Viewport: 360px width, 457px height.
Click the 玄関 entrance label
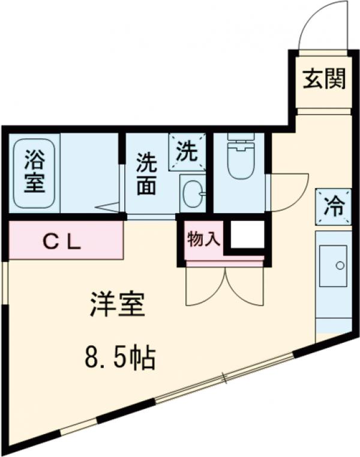324,80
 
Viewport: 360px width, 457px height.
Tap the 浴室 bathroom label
34,172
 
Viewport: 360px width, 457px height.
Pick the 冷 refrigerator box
332,207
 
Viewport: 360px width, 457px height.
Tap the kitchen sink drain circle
340,265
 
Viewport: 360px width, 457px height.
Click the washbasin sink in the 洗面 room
193,193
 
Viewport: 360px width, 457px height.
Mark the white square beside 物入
247,235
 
